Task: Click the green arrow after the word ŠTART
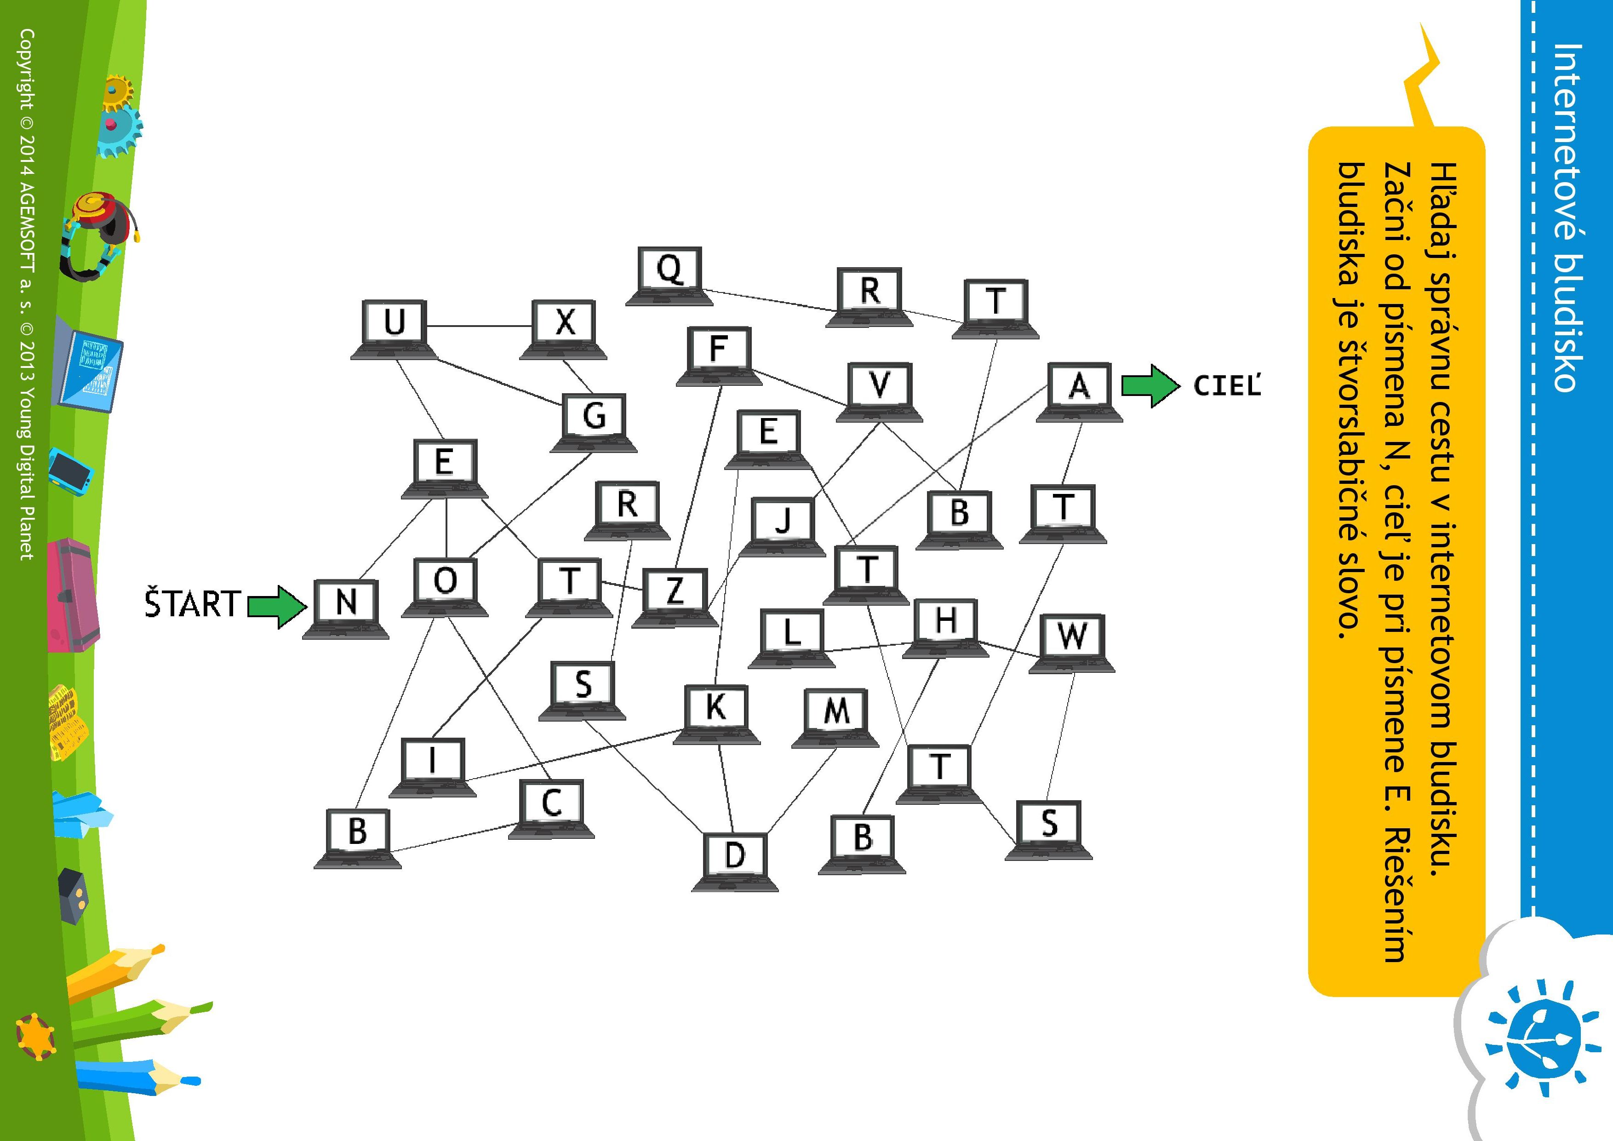[x=278, y=606]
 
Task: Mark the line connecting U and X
[x=479, y=327]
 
